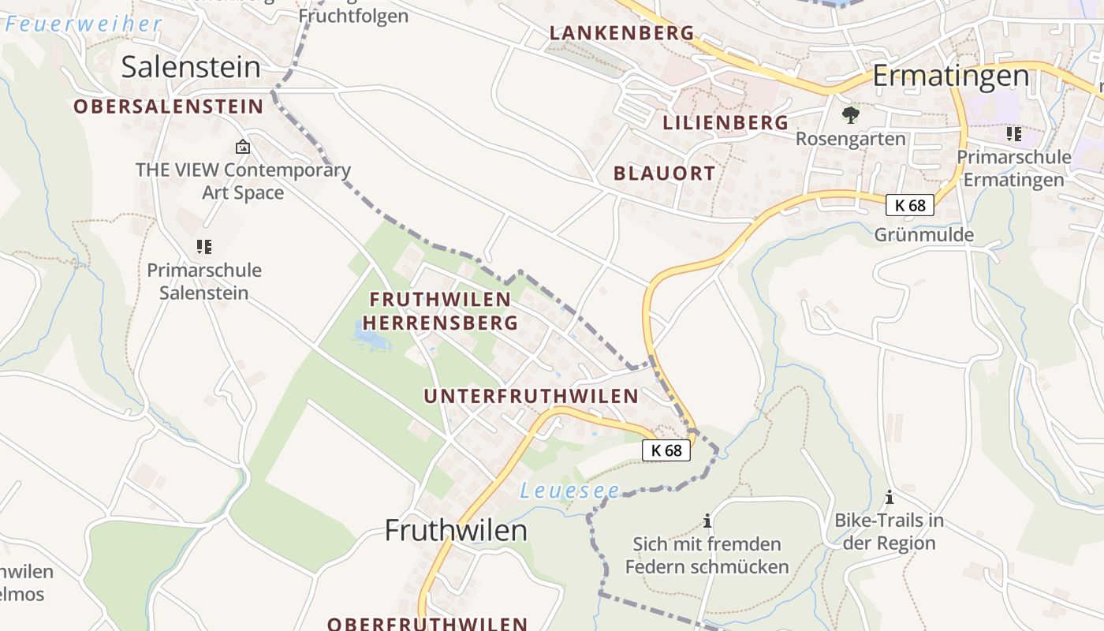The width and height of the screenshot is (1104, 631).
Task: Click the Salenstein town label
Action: pos(190,67)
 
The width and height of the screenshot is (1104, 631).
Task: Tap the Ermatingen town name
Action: pos(950,77)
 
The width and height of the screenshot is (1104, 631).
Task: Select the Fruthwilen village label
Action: pos(456,531)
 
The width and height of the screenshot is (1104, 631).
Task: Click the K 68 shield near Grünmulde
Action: pos(909,205)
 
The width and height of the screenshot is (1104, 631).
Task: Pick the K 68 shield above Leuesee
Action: pos(666,450)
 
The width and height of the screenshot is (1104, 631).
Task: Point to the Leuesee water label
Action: pos(569,491)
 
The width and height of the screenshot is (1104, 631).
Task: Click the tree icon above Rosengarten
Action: pos(850,115)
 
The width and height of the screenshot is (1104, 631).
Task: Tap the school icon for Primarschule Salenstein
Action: pos(204,247)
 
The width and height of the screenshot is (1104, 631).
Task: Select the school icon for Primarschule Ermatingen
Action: pos(1013,134)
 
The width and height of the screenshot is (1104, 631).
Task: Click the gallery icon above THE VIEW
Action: pos(243,147)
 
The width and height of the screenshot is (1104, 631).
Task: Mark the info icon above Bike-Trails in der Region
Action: pos(890,497)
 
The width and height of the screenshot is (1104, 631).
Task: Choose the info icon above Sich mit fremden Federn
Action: pos(707,521)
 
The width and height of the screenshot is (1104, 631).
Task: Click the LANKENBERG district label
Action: pos(621,33)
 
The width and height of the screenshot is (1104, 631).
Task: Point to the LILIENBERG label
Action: pos(725,122)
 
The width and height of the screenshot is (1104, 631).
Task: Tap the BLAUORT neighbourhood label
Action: pos(664,174)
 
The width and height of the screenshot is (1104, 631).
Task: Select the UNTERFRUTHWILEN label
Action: pos(531,396)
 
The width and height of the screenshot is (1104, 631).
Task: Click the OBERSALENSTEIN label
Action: pos(169,106)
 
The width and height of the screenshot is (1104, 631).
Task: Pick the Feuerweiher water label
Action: pos(83,24)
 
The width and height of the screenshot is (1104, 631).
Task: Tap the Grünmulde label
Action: pos(923,234)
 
